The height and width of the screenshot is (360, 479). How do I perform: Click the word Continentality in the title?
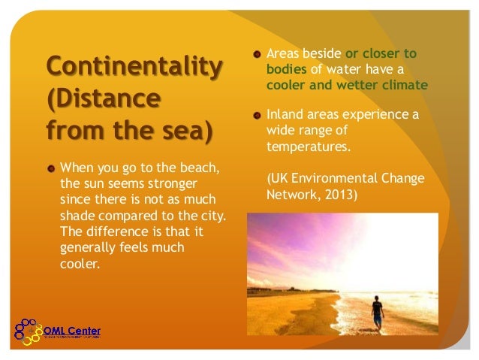coord(134,66)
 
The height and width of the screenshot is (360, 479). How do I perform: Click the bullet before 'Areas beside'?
coord(257,54)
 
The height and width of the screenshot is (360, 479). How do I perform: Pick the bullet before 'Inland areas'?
coord(257,116)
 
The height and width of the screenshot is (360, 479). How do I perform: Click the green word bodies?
coord(284,69)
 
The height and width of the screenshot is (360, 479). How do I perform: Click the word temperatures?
coord(308,147)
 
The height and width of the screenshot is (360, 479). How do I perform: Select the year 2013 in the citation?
coord(342,195)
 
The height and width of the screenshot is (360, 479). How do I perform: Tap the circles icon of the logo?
coord(28,331)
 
